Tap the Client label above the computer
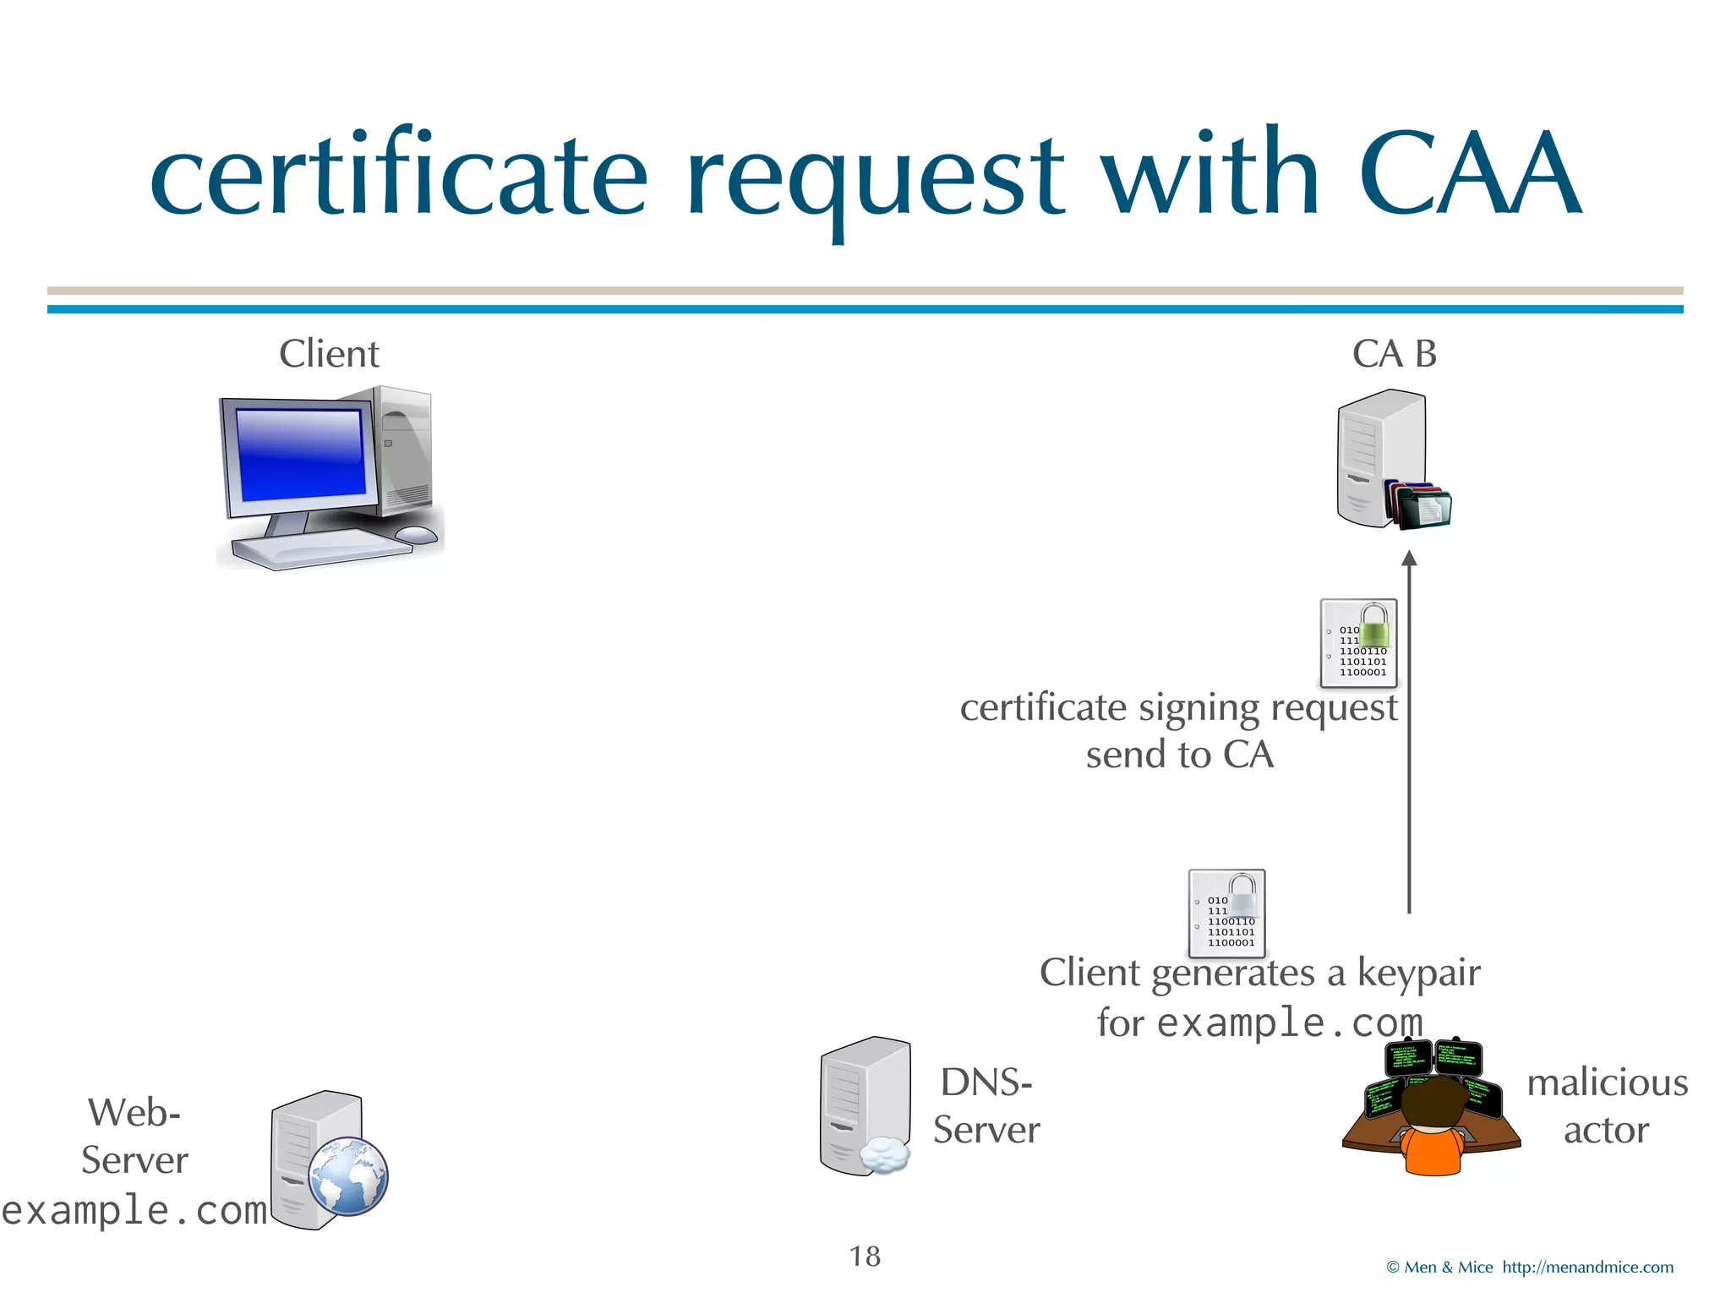[x=329, y=353]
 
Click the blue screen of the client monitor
[x=300, y=454]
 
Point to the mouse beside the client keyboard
[x=416, y=534]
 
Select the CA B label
[x=1394, y=353]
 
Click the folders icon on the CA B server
[x=1420, y=506]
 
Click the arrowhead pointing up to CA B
[x=1409, y=559]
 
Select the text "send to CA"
[x=1179, y=754]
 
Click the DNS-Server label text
[x=986, y=1105]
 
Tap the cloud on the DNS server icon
[x=885, y=1154]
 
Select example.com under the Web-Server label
[x=134, y=1210]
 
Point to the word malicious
[x=1607, y=1083]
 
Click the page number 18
[x=865, y=1256]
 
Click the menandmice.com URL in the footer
[x=1587, y=1267]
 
